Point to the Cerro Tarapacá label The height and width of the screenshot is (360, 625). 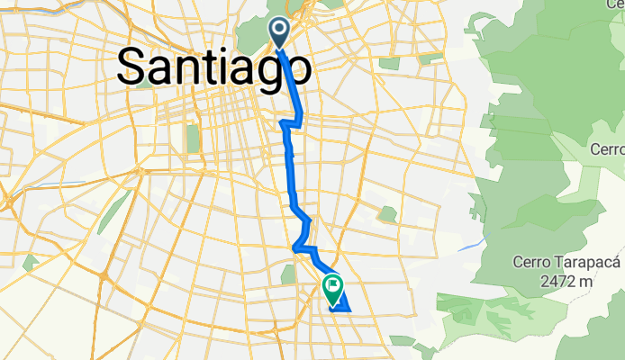(x=567, y=262)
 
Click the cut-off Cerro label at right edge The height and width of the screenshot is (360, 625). (x=609, y=148)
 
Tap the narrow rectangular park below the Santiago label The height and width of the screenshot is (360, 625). (x=192, y=138)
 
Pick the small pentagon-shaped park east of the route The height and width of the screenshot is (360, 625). (x=387, y=215)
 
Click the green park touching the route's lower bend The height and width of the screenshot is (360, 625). (x=290, y=273)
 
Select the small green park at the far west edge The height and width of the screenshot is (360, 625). (x=31, y=263)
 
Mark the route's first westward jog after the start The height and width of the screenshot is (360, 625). (x=289, y=121)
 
